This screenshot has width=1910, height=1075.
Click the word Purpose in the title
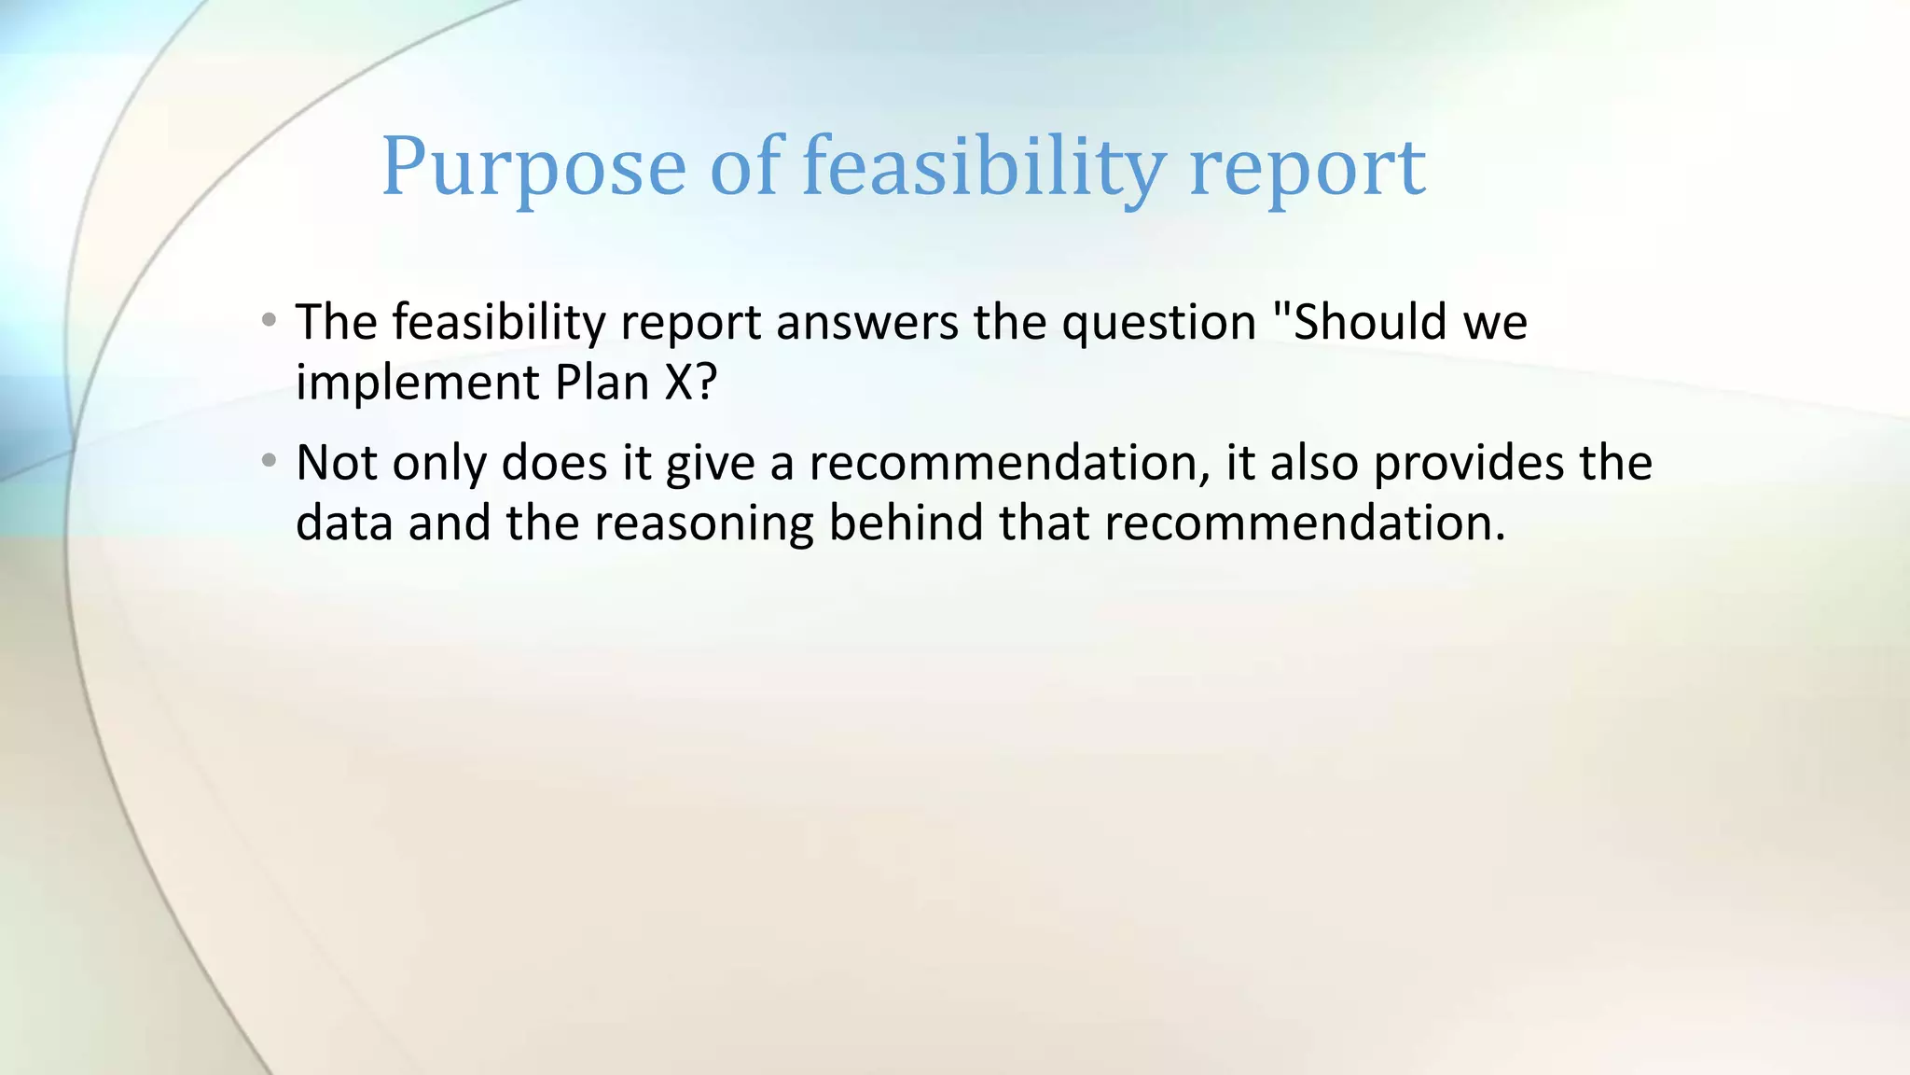533,168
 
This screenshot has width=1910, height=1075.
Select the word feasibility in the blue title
983,168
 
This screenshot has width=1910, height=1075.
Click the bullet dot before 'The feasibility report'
270,321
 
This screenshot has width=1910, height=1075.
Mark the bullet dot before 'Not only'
270,461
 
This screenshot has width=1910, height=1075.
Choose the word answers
866,323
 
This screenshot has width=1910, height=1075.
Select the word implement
417,384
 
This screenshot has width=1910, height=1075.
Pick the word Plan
602,383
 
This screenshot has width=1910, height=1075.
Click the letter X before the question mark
678,383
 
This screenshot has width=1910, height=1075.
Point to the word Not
336,463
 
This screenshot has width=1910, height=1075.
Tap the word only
439,465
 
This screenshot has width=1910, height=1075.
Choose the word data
344,523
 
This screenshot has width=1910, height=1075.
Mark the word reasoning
703,524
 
